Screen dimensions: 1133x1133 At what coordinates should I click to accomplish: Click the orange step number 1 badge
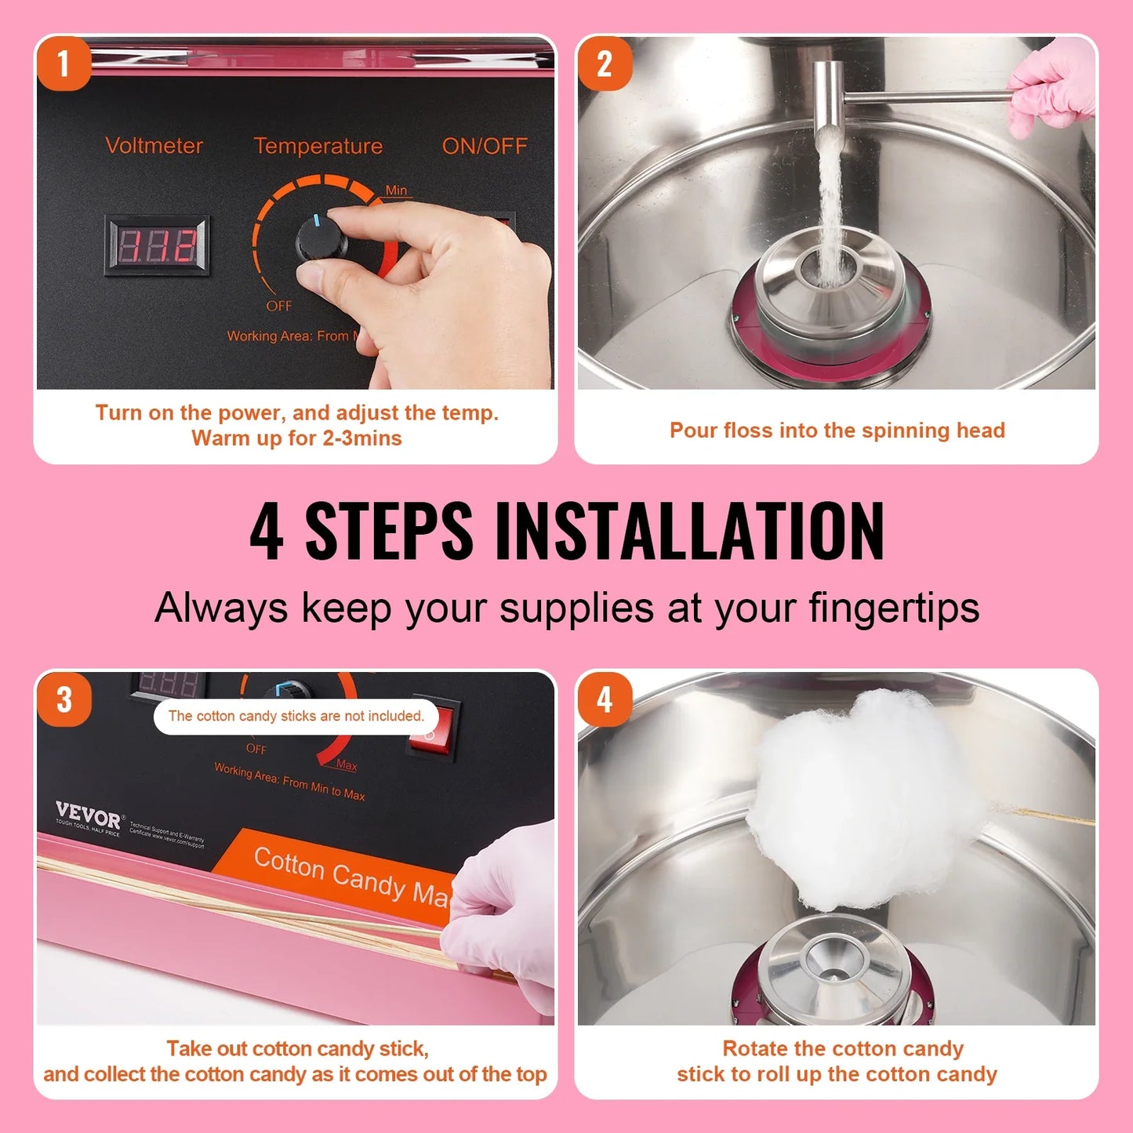64,64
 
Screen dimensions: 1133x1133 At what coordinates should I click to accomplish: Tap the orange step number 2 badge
605,64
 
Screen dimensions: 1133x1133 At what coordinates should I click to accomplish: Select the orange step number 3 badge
64,699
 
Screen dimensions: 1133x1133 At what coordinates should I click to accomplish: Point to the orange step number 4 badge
605,699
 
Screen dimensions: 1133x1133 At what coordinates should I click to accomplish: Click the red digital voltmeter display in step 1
158,245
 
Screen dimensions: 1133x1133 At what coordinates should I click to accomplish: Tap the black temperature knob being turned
320,238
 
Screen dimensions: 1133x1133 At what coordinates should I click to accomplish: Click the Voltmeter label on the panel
154,146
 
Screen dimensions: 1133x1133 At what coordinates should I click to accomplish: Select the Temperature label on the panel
318,146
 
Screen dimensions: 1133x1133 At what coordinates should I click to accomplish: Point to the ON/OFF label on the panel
484,146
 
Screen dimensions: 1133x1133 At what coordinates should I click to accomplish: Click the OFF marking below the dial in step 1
278,306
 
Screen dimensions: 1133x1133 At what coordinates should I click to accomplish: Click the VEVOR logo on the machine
89,816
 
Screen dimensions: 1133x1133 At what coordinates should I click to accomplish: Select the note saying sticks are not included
296,716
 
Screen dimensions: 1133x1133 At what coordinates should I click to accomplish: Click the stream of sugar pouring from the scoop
829,204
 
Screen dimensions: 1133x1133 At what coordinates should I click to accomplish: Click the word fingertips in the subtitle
894,608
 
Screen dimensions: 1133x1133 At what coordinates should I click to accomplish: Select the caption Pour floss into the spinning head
837,430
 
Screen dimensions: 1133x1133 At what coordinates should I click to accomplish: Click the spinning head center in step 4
833,968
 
